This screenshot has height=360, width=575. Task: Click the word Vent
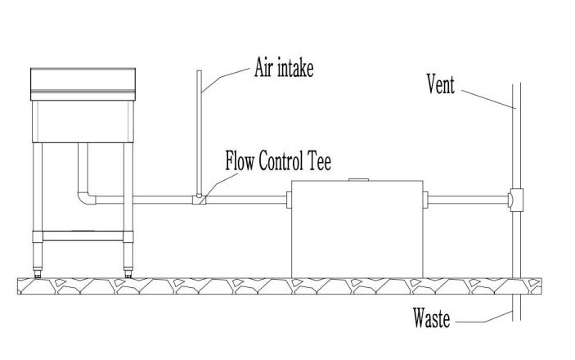[x=440, y=83]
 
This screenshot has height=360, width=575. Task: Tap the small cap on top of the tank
[x=357, y=179]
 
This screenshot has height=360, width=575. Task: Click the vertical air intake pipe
[x=200, y=131]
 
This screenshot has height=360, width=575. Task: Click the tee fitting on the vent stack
[x=514, y=199]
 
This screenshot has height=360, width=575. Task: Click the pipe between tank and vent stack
[x=466, y=199]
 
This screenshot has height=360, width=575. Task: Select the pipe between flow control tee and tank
[x=245, y=199]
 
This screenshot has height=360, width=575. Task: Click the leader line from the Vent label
[x=483, y=97]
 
